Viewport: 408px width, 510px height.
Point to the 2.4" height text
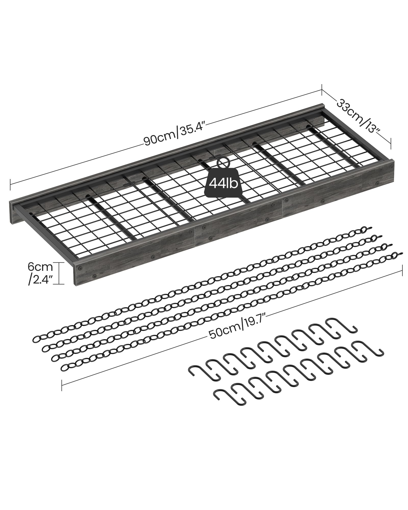coord(41,280)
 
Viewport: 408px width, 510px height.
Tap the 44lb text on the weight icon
coord(221,183)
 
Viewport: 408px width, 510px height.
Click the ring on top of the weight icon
coord(222,162)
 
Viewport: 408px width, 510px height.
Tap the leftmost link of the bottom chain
coord(65,367)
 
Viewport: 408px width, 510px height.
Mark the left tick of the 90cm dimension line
coord(10,185)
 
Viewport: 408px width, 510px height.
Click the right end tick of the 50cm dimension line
coord(402,270)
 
